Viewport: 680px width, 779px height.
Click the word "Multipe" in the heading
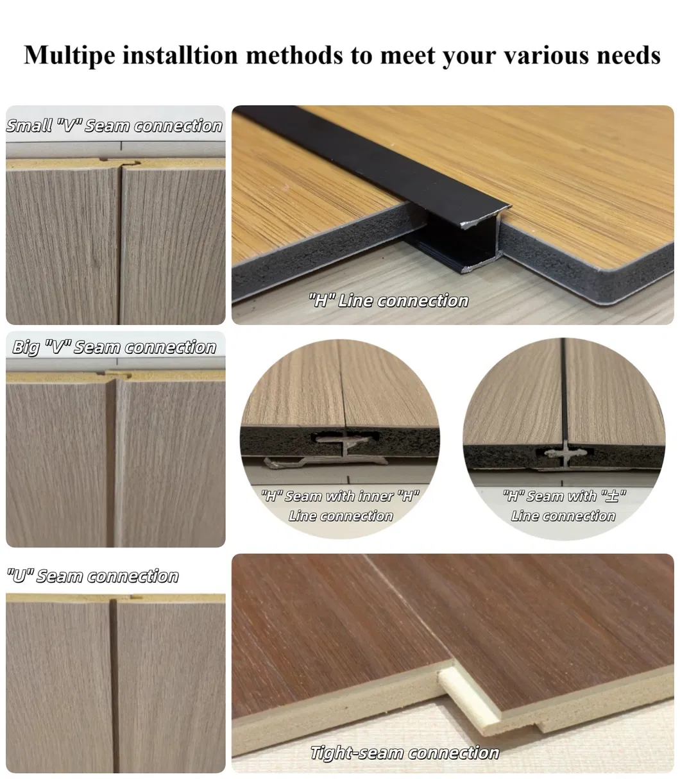[69, 56]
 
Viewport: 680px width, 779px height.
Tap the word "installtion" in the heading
[180, 55]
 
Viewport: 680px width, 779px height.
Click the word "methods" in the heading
[294, 55]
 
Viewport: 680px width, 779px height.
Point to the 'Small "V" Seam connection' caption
[114, 126]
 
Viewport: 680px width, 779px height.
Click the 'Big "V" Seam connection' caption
[114, 348]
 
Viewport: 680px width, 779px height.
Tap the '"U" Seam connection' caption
[92, 576]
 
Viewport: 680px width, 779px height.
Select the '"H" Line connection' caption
[388, 301]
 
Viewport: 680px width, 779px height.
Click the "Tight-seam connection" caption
[405, 753]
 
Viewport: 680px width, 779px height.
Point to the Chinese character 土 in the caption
[612, 496]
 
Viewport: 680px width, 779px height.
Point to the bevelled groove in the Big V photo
[114, 463]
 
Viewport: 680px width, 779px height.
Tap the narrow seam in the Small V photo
[121, 244]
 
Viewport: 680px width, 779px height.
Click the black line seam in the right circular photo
[564, 392]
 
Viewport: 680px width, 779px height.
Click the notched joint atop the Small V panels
[120, 163]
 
